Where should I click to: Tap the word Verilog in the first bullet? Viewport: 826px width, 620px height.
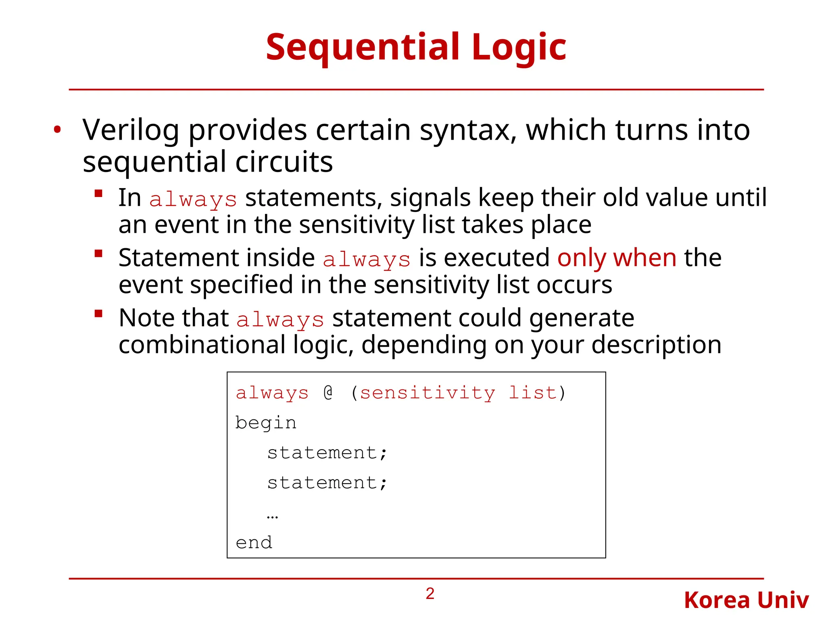131,130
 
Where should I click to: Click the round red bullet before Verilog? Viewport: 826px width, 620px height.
57,130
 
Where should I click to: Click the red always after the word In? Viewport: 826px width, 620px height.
193,199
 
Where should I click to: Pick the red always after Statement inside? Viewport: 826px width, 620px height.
366,259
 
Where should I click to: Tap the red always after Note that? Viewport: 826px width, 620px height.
280,319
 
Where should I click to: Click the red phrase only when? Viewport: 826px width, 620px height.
617,258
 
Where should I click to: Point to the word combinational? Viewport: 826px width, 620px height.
202,345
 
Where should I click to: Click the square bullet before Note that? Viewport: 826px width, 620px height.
98,314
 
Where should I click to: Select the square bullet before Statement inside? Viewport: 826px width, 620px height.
98,253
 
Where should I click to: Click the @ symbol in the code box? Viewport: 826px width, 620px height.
328,392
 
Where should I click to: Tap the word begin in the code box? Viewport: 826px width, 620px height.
266,423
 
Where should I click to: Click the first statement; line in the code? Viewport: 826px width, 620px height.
327,453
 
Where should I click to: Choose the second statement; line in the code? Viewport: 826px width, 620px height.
327,483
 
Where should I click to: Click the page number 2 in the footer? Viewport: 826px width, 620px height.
430,594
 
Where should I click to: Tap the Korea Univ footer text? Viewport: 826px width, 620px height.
746,600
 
